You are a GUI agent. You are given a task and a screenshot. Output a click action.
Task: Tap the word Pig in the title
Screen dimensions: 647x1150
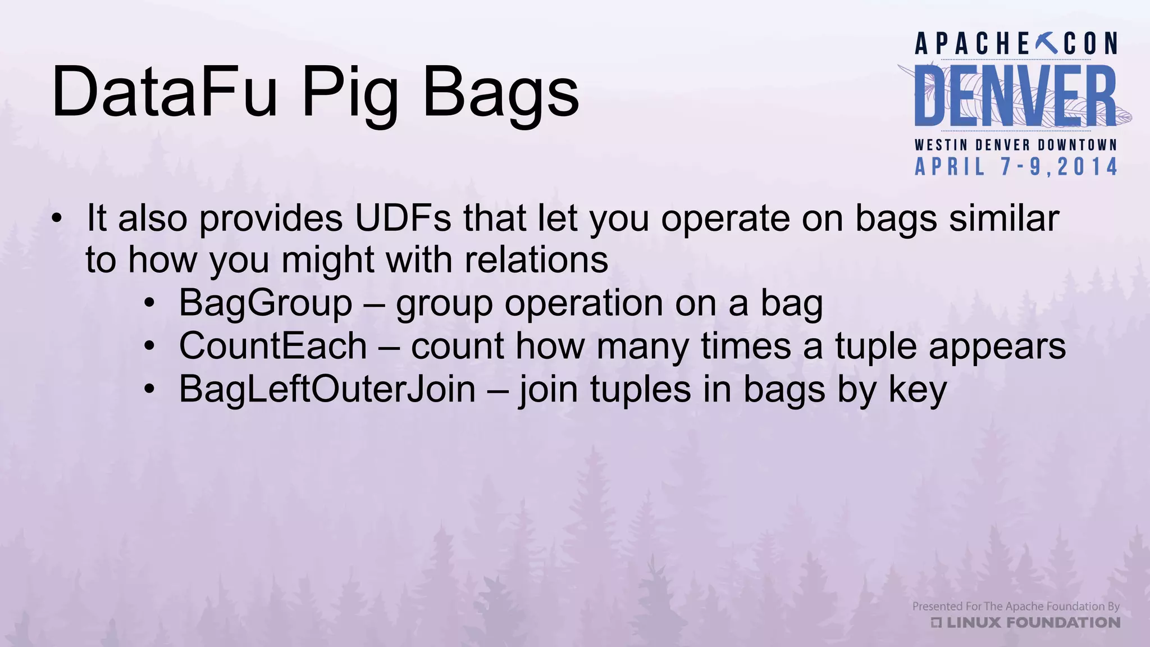[350, 95]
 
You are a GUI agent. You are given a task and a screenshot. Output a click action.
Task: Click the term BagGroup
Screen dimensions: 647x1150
[265, 303]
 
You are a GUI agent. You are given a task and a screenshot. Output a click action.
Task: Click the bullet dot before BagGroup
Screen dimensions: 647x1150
[149, 304]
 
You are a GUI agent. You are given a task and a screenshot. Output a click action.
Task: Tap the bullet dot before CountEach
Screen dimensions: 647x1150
[149, 347]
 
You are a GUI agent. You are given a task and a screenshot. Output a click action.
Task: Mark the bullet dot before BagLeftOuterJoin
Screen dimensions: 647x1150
[149, 389]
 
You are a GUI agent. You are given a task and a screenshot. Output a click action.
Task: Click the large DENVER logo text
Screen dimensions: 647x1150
[1015, 97]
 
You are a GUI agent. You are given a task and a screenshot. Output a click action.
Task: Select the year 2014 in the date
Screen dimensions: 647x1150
[1087, 167]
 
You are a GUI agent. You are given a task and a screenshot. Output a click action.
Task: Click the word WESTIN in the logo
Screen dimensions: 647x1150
[941, 145]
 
